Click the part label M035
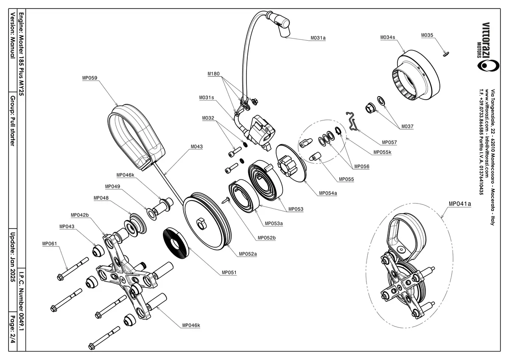click(x=427, y=35)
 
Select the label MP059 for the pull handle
click(x=90, y=78)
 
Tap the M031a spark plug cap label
click(x=318, y=38)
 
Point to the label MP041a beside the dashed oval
click(x=460, y=204)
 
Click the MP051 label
click(x=229, y=272)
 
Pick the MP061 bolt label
click(x=50, y=244)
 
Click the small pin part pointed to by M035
click(x=446, y=54)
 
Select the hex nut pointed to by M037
click(x=370, y=108)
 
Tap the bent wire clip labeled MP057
click(x=352, y=121)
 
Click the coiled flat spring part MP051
click(x=176, y=243)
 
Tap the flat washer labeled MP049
click(x=152, y=214)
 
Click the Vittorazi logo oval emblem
click(x=488, y=66)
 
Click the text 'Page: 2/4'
click(x=13, y=329)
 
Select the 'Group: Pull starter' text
click(x=13, y=121)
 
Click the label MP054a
click(x=328, y=193)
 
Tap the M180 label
click(x=214, y=74)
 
